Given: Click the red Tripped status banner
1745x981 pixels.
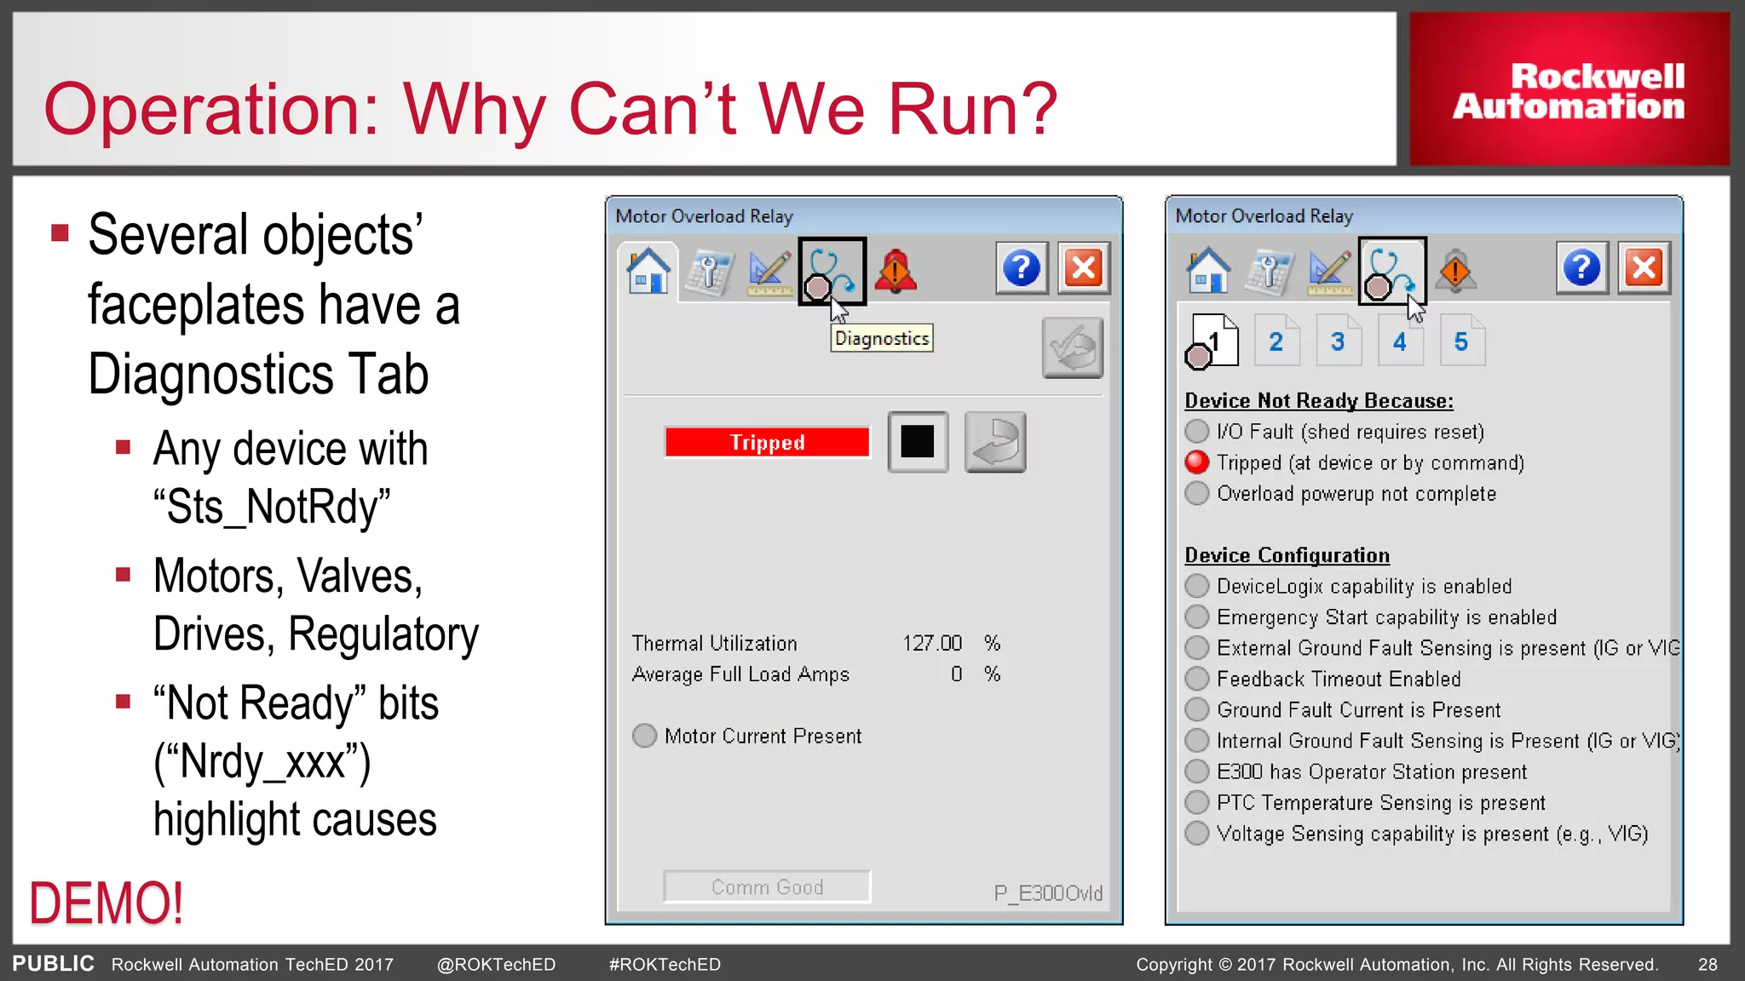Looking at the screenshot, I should (767, 442).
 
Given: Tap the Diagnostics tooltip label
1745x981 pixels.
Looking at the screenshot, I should (882, 338).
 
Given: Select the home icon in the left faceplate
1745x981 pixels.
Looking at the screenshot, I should (648, 270).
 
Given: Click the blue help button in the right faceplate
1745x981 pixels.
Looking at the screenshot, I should (1581, 269).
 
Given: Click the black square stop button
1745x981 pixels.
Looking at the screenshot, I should (918, 441).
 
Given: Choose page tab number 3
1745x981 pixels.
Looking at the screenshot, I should (1338, 341).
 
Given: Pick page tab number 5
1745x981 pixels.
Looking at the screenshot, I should (1461, 341).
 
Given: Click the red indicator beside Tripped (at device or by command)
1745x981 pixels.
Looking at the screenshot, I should (1197, 462).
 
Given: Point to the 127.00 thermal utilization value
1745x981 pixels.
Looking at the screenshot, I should (932, 643).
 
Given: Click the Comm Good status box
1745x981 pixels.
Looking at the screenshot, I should (767, 886).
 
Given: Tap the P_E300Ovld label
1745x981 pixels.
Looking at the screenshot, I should (1048, 892).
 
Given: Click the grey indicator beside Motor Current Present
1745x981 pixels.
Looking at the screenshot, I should (645, 736).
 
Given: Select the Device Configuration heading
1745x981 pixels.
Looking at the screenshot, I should (1287, 555).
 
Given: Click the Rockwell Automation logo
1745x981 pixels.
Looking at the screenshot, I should (1569, 90).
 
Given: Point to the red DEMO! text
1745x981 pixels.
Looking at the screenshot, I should (107, 904).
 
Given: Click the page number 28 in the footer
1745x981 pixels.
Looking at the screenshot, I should (1708, 964).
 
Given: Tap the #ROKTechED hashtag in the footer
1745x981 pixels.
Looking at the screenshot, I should (665, 964).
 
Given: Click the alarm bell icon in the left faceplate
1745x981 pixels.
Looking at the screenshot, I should (895, 271).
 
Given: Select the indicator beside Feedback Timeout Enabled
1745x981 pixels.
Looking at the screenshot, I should (1197, 679).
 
